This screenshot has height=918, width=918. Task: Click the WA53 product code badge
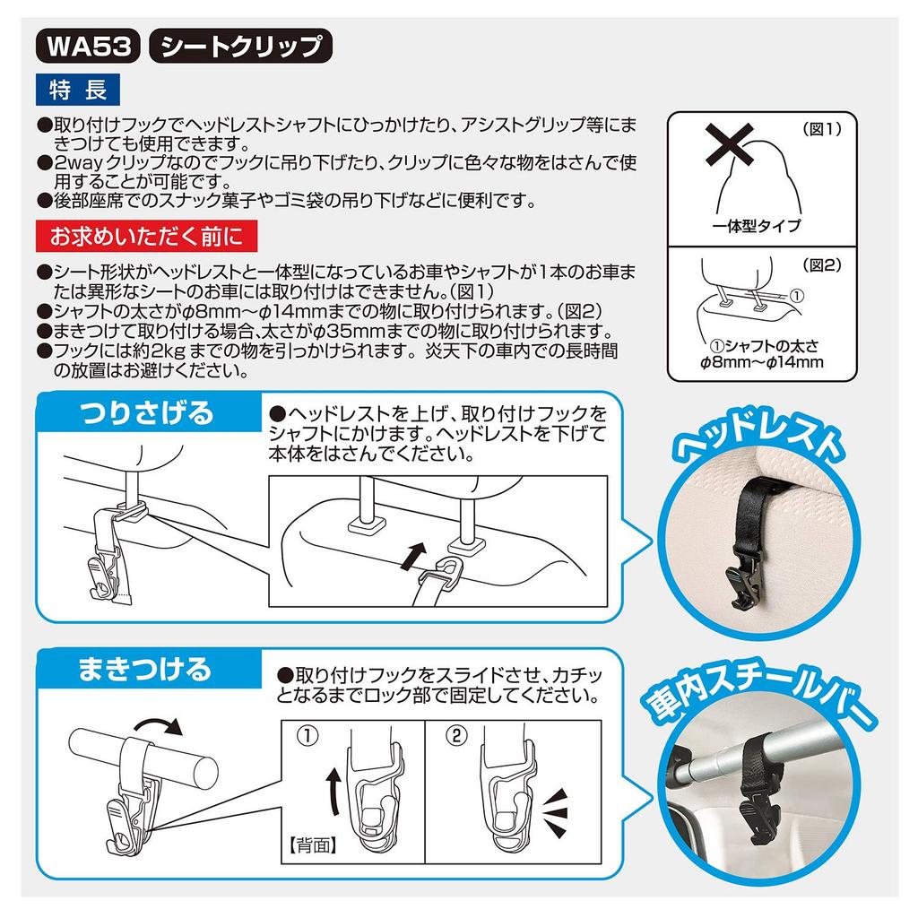point(87,46)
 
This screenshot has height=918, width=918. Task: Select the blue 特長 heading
point(77,90)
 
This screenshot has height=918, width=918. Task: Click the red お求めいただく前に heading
point(146,237)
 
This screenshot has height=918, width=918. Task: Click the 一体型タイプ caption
point(758,227)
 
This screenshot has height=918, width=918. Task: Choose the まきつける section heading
point(144,669)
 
